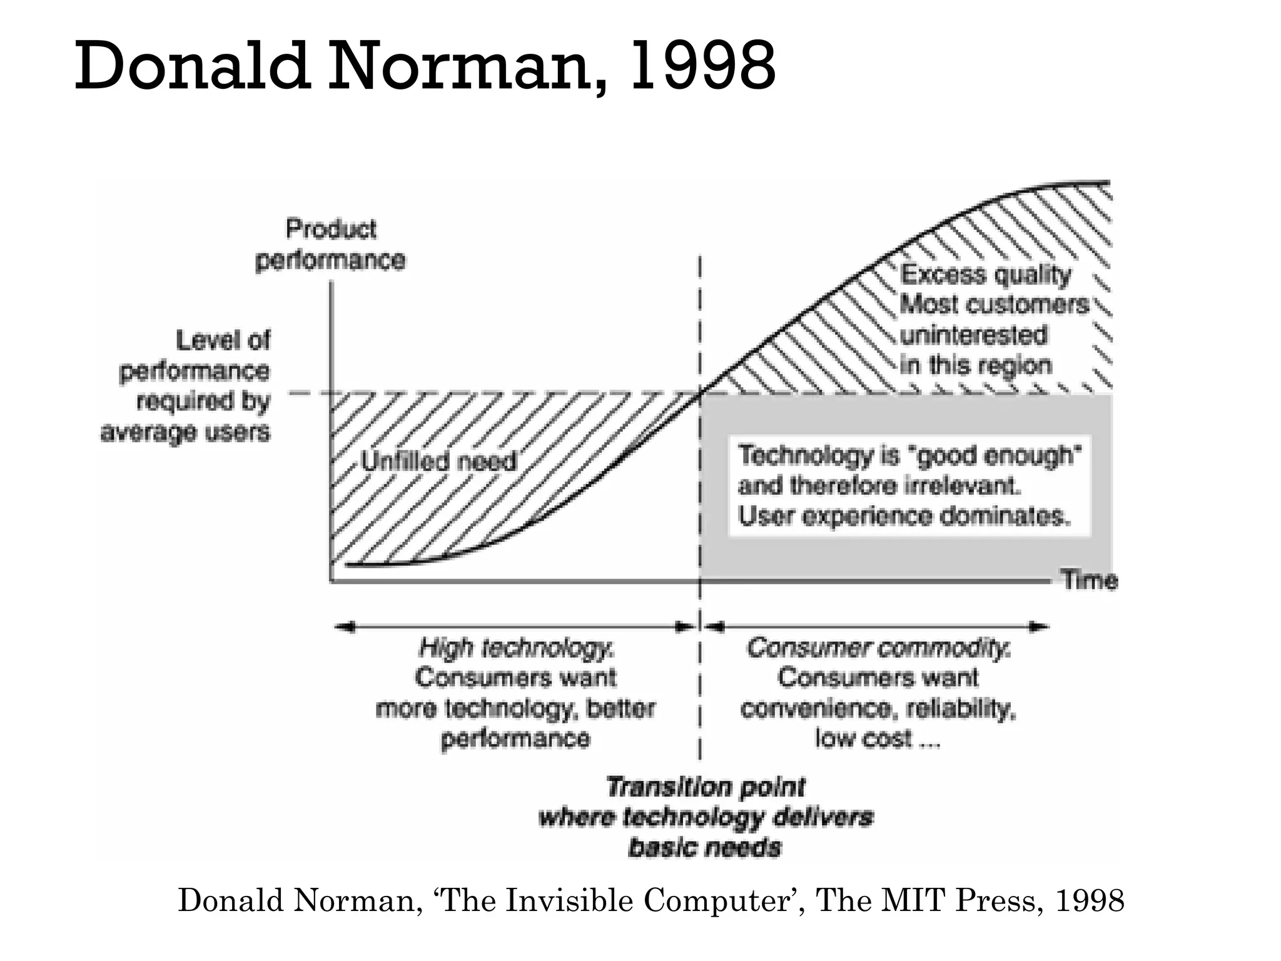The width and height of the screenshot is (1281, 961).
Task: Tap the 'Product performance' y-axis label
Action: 331,245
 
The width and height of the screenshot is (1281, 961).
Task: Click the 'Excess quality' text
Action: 985,275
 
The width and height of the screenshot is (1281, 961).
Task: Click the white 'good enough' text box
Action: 909,486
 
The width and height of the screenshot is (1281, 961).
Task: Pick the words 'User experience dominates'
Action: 904,517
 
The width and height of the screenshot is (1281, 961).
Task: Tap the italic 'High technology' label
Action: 517,648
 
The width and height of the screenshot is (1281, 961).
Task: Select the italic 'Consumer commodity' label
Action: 878,648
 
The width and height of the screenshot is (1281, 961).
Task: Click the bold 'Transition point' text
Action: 705,787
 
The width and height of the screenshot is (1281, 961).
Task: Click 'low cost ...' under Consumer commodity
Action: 877,739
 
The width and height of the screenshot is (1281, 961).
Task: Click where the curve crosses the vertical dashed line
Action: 700,393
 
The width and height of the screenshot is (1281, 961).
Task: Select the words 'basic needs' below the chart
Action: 705,848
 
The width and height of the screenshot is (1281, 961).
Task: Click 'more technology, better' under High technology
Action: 515,709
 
